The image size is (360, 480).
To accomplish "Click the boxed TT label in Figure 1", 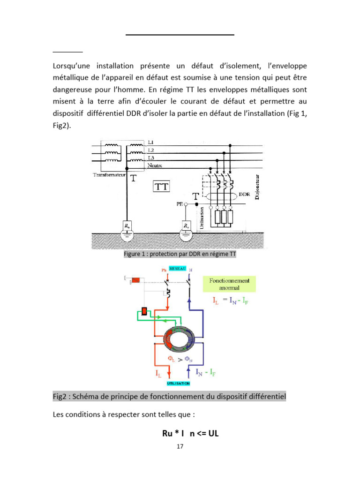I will click(x=161, y=187).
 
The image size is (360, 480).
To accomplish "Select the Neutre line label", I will click(x=156, y=165).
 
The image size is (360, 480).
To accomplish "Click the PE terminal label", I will click(x=179, y=204).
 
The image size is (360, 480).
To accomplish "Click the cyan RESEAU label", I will click(x=178, y=268).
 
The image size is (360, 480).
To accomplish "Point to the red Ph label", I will click(x=164, y=270).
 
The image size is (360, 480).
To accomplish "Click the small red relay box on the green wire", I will click(x=144, y=312).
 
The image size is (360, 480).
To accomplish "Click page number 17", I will click(x=180, y=446).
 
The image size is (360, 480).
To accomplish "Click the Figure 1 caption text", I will click(x=180, y=255).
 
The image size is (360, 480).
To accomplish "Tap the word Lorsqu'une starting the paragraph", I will click(x=75, y=66).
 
